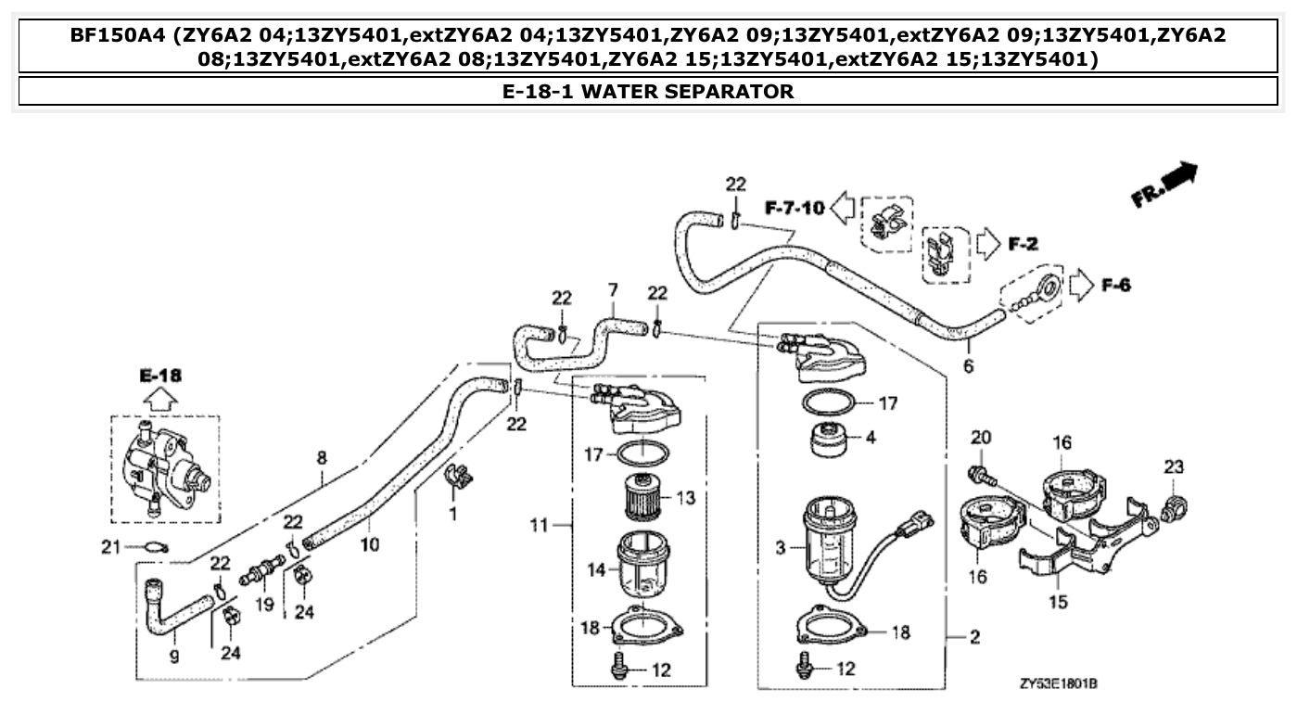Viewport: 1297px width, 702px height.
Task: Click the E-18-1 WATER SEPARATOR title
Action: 647,91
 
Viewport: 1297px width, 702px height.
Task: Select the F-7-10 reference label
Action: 795,208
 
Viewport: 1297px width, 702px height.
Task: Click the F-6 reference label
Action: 1115,285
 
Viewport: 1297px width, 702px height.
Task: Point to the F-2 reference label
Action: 1023,245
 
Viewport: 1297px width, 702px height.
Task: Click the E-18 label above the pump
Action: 160,376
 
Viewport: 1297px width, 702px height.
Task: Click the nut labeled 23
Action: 1173,507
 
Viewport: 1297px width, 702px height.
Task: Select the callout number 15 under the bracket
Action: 1059,603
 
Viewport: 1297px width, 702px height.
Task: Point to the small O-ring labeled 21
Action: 157,547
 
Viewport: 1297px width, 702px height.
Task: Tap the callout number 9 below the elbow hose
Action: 174,657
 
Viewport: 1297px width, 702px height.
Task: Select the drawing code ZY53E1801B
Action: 1059,684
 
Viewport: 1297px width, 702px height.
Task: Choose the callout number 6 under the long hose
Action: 968,366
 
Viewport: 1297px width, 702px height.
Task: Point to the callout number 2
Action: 974,638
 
